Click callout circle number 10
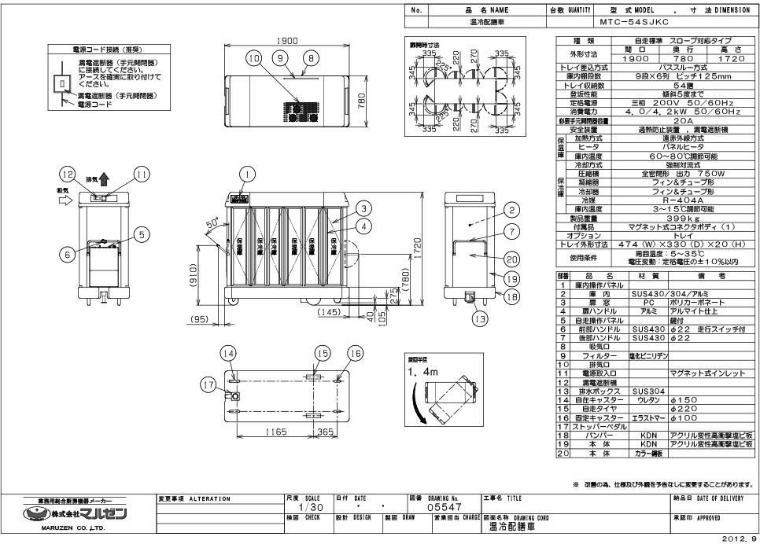point(252,59)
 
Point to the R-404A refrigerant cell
point(657,200)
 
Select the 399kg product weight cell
point(657,217)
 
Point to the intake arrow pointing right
point(62,200)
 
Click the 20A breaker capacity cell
point(657,121)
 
